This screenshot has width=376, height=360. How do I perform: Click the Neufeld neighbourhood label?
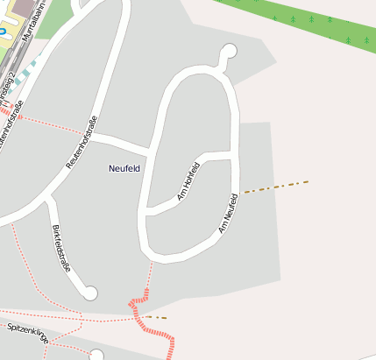(x=124, y=167)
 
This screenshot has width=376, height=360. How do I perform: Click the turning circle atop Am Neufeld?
(x=230, y=51)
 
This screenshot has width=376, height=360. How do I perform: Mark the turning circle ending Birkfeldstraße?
(x=89, y=293)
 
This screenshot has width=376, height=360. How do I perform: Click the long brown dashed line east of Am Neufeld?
(x=276, y=187)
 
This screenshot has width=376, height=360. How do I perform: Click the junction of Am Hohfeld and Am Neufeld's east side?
(x=235, y=156)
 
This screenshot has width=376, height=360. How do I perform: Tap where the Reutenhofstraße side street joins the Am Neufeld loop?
(x=151, y=147)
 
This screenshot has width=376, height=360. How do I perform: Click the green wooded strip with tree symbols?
(x=298, y=18)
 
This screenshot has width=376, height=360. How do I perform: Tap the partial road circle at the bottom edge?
(x=96, y=355)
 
